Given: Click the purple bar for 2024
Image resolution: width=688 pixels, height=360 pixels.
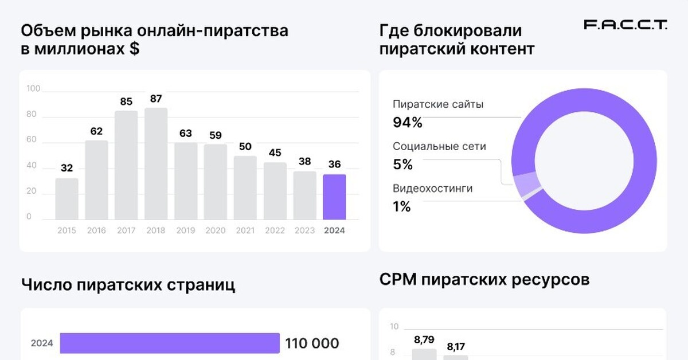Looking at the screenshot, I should [334, 197].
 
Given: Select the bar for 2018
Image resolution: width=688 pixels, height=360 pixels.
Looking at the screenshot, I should [156, 163].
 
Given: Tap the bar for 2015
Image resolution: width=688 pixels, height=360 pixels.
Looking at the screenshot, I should [67, 198].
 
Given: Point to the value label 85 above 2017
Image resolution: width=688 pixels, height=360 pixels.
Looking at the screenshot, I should [126, 101].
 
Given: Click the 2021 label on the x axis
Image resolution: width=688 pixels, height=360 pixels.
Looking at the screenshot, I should [245, 230].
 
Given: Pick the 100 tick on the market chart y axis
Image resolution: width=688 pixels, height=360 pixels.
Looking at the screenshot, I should [33, 89].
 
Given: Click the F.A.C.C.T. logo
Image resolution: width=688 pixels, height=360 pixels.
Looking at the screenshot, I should [625, 25].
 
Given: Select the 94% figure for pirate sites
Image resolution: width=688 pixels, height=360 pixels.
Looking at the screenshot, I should [408, 122].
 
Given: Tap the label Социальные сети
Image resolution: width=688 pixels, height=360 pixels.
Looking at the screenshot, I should [439, 146].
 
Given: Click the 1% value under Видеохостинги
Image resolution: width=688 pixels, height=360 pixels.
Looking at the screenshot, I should [402, 207].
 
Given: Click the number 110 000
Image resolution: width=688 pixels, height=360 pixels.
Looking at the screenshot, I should [312, 343].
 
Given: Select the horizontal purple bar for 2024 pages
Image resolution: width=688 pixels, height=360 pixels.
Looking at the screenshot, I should [170, 343].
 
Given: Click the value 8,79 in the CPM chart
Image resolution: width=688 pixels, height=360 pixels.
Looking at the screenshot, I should [424, 340].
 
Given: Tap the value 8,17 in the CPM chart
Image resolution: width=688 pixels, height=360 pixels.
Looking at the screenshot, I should [456, 346].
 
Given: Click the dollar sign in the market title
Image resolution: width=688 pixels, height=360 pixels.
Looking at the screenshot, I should [134, 49].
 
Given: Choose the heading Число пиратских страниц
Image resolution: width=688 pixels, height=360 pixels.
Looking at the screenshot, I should [128, 285].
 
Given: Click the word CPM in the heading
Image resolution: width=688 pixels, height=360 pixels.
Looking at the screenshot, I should [398, 280].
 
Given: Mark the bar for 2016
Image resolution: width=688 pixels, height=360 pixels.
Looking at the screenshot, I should [96, 179].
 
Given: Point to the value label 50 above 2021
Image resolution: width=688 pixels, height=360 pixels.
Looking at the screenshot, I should [245, 146].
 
